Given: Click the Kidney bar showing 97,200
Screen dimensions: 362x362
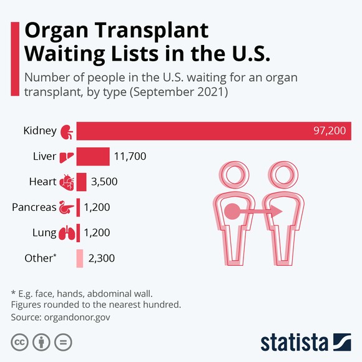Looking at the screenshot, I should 212,131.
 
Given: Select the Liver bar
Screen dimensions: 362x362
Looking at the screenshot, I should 93,156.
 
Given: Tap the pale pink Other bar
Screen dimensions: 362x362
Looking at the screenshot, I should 80,258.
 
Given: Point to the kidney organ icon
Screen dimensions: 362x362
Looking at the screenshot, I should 67,132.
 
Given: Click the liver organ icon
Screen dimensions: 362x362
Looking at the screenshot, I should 67,157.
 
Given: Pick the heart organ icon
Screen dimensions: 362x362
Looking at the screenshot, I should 67,182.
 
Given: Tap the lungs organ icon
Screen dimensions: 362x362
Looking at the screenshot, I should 67,233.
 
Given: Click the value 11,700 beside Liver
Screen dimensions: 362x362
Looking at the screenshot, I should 130,156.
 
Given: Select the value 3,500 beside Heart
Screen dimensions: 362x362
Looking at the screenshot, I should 105,182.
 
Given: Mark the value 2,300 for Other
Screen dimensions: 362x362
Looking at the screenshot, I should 102,258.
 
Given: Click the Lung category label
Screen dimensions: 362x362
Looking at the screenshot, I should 44,232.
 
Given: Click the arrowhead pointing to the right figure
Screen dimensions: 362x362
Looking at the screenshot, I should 276,212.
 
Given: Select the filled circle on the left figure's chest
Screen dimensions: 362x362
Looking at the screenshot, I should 232,212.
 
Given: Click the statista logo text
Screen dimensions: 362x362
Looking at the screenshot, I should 294,342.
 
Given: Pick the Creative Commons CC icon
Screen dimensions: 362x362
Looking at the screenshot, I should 20,342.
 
